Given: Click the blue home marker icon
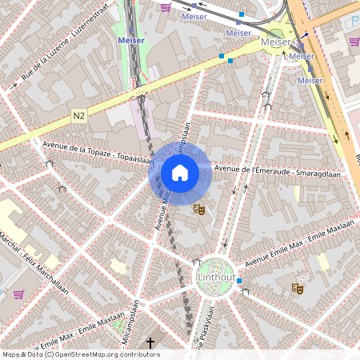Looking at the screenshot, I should (180, 172).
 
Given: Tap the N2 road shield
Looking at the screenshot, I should (78, 116).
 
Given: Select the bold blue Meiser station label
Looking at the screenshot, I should (130, 39).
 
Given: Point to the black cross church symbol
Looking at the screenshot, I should (150, 343).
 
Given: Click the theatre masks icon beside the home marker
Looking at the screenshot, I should (199, 210).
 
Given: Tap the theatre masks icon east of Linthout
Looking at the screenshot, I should (298, 288).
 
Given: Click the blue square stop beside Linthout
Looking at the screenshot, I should (239, 281).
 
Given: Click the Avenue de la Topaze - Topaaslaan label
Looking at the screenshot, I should (96, 150).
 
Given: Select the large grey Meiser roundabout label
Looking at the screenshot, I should (275, 42).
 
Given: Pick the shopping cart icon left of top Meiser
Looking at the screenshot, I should (166, 7).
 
